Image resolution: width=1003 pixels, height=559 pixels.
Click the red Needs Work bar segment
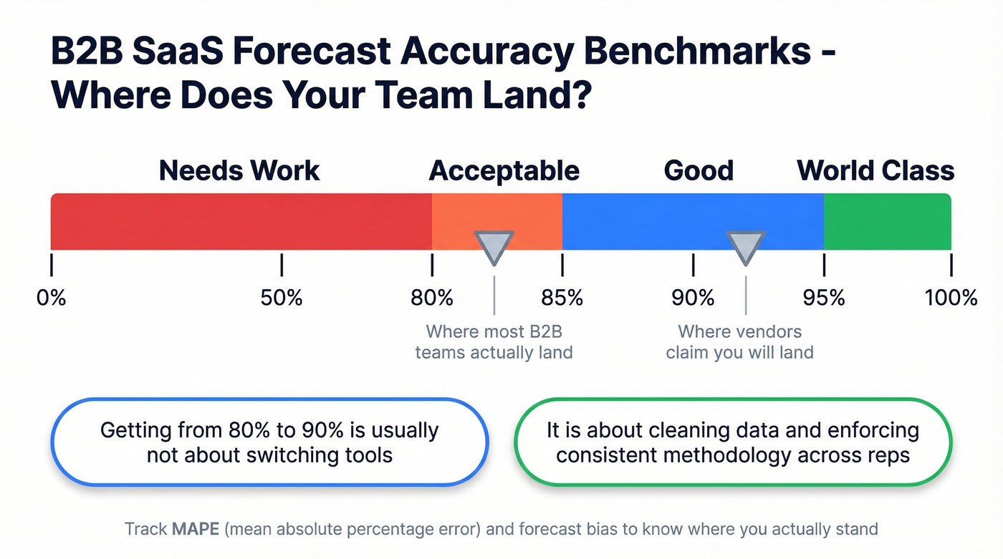click(x=241, y=221)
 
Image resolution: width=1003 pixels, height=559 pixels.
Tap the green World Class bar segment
click(x=887, y=221)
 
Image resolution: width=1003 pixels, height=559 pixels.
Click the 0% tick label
click(x=52, y=297)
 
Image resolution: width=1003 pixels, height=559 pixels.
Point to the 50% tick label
click(x=282, y=297)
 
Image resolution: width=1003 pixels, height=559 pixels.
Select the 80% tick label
click(x=432, y=297)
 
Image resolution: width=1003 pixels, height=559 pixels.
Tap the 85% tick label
click(x=562, y=297)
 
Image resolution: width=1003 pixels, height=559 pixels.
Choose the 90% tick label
click(x=693, y=297)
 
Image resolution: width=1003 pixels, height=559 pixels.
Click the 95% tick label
click(x=824, y=297)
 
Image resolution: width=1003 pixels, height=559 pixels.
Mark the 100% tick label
click(x=951, y=297)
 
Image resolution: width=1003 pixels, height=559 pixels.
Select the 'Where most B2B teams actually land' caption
click(x=494, y=342)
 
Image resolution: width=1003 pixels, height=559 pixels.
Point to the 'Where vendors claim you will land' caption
click(x=739, y=342)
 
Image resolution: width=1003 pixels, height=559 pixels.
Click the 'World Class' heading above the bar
click(x=875, y=171)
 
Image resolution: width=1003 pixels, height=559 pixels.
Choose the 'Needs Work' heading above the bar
click(x=239, y=171)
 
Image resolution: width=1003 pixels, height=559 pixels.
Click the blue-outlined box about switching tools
click(x=269, y=442)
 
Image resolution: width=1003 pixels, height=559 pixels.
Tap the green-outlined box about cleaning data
click(x=733, y=442)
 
